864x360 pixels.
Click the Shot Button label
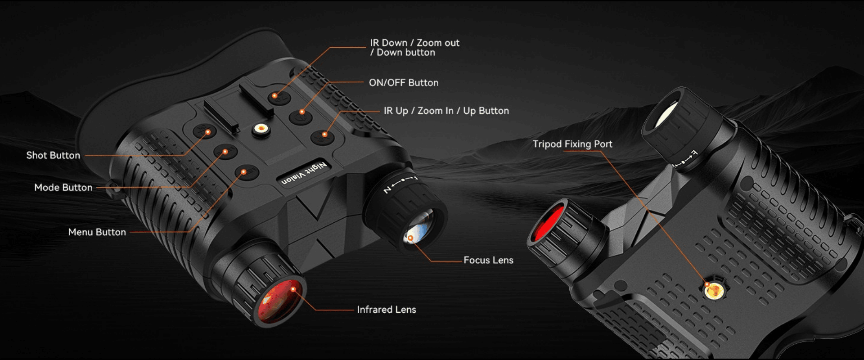53,156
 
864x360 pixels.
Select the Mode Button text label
63,188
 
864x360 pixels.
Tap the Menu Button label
97,232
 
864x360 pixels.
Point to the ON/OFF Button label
404,83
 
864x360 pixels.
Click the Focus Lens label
488,260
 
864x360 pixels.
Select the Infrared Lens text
387,310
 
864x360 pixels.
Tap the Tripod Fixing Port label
572,144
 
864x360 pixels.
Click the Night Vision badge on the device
305,174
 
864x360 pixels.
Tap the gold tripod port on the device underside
714,291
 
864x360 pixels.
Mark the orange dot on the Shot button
208,132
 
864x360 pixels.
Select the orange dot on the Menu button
243,172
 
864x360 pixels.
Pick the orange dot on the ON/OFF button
302,112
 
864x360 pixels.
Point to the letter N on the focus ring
387,190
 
